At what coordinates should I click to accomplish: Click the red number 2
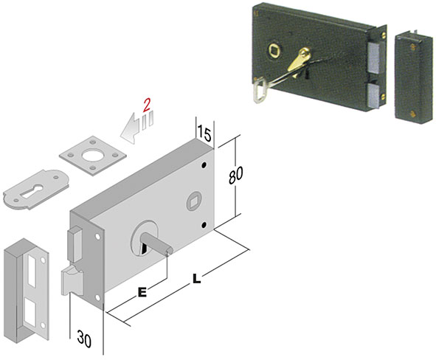click(x=147, y=105)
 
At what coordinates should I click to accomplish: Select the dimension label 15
click(x=204, y=134)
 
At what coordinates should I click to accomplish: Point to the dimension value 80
click(x=235, y=175)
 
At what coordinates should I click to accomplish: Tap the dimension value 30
click(x=84, y=339)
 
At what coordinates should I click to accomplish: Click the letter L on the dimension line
click(x=196, y=279)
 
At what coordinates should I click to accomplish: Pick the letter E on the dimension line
click(x=142, y=292)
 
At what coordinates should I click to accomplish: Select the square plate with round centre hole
click(x=93, y=156)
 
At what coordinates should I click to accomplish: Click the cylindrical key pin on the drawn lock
click(x=157, y=244)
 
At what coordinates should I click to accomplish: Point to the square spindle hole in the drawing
click(x=193, y=201)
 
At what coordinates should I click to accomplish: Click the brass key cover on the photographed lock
click(x=300, y=60)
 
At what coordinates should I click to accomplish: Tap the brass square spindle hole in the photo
click(x=274, y=50)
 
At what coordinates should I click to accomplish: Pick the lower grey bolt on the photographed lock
click(x=373, y=96)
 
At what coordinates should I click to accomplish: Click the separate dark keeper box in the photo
click(x=414, y=75)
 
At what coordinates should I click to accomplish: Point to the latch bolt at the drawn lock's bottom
click(x=72, y=280)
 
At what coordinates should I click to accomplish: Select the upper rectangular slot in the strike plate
click(x=32, y=271)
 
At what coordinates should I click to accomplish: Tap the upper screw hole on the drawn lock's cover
click(x=204, y=165)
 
